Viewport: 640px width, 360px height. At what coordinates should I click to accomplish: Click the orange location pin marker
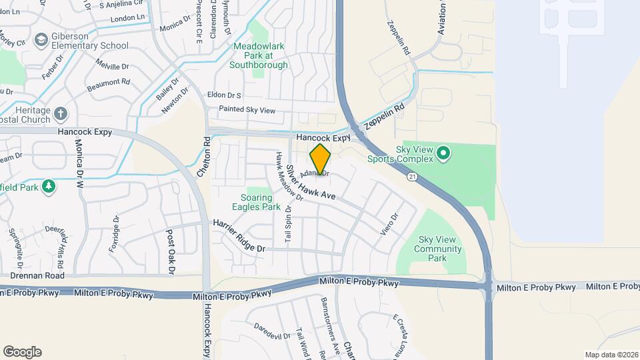pos(321,159)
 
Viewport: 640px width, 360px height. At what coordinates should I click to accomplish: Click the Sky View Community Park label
pos(437,249)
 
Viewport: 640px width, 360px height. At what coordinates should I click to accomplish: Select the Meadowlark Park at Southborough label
pos(259,56)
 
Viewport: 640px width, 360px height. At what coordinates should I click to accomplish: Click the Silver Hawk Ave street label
pos(310,183)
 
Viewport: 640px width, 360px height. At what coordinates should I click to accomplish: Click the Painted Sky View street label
pos(247,109)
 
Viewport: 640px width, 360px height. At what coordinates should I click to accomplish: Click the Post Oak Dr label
pos(170,252)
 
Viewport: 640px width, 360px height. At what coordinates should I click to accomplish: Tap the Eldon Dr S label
pos(224,95)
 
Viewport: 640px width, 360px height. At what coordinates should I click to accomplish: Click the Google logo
pos(22,352)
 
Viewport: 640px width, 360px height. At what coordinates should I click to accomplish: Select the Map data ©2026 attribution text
pos(611,355)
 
